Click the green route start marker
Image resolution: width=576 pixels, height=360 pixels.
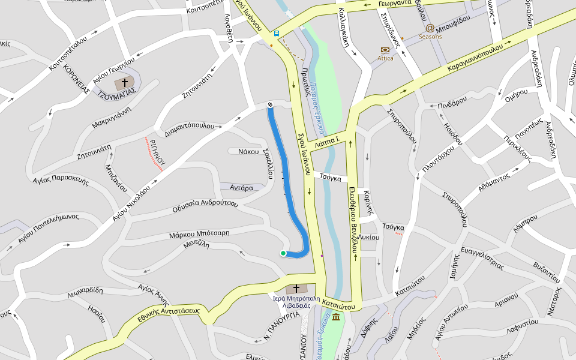283,253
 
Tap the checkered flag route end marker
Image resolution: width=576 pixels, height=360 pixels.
270,105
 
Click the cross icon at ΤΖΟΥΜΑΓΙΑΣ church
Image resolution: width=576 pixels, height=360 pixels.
125,82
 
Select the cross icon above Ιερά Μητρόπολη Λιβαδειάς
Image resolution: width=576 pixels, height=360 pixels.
296,289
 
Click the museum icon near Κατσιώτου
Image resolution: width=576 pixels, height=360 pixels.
335,317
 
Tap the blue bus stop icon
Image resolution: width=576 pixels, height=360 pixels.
276,34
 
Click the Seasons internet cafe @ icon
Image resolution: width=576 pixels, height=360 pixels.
430,28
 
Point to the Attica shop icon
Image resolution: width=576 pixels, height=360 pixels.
385,50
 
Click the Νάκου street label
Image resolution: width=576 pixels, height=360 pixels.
248,151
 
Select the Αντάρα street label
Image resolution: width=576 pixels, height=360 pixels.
241,188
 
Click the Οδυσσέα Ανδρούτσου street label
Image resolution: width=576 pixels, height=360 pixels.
205,206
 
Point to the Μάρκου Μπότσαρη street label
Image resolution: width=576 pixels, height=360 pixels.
199,233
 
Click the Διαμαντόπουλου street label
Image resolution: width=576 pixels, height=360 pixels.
190,129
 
